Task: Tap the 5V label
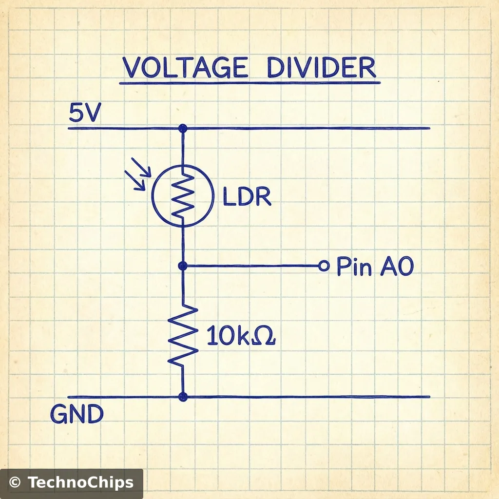[84, 114]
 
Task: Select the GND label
[77, 415]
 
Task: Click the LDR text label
[247, 197]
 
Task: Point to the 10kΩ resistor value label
[241, 336]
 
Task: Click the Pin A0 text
[375, 267]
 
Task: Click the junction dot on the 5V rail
[183, 128]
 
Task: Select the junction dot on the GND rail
[183, 397]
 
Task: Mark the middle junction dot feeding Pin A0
[183, 266]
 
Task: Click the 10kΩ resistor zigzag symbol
[183, 335]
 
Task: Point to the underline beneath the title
[249, 83]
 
